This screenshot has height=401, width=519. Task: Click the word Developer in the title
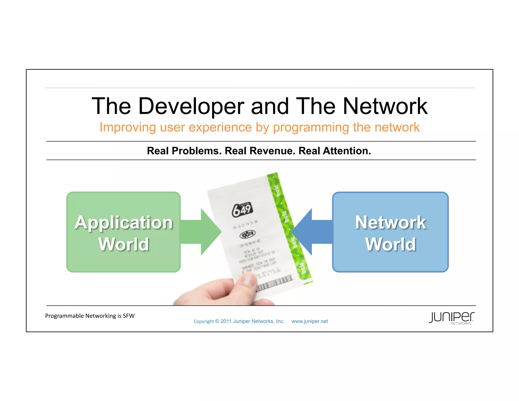tap(191, 106)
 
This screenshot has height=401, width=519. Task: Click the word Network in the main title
tap(385, 106)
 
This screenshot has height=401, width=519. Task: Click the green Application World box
tap(123, 261)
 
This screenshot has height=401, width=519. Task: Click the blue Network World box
tap(390, 261)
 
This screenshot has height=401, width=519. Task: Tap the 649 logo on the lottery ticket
tap(242, 209)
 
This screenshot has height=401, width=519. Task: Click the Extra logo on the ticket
tap(248, 234)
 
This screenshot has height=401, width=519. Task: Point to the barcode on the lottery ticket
tap(275, 284)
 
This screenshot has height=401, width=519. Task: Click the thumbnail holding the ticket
tap(247, 280)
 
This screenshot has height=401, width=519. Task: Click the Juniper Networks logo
tap(451, 318)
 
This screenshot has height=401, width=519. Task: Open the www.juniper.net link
tap(309, 321)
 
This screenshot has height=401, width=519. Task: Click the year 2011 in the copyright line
tap(226, 321)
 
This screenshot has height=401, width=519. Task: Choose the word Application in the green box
tap(123, 223)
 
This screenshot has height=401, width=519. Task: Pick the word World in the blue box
tap(390, 244)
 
